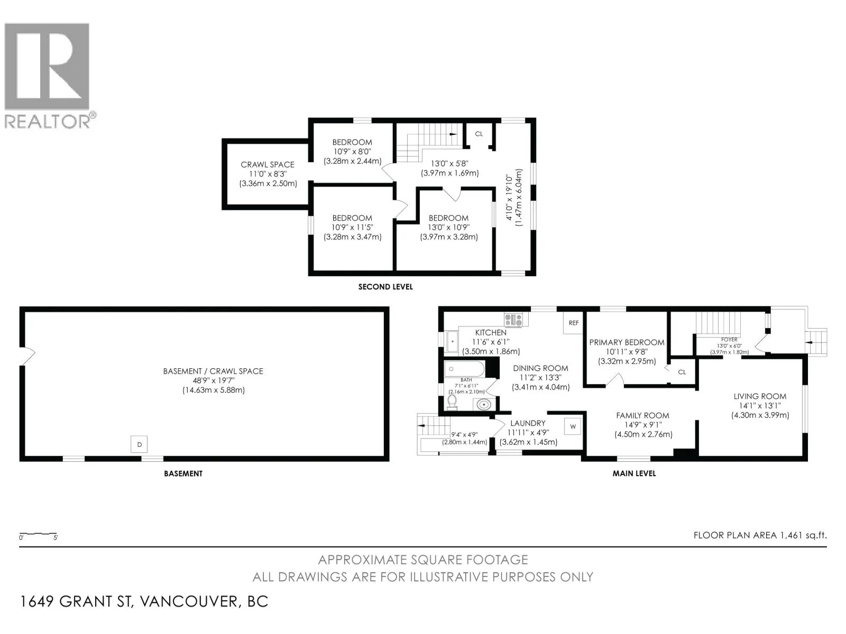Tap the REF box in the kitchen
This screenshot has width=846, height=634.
tap(573, 323)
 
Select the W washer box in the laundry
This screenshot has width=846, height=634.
tap(573, 426)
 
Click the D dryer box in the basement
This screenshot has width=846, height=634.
tap(139, 444)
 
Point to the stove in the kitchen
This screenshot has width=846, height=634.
tap(513, 320)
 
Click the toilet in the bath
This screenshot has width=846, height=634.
tap(452, 402)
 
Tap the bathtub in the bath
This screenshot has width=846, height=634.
tap(464, 369)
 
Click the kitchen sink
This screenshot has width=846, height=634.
tap(452, 341)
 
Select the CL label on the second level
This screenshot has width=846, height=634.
tap(479, 134)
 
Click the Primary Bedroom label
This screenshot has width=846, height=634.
tap(627, 342)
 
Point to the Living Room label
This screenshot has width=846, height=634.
tap(760, 396)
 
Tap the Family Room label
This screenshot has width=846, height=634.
tap(642, 415)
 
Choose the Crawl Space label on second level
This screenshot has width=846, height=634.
tap(268, 164)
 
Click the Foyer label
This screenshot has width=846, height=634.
tap(729, 340)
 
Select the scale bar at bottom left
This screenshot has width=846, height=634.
tap(38, 534)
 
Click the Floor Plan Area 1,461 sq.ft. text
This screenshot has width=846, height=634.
tap(760, 535)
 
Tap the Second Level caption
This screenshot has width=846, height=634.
tap(385, 287)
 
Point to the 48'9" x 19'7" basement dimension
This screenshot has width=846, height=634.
tap(213, 381)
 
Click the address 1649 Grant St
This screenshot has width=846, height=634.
tap(77, 601)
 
